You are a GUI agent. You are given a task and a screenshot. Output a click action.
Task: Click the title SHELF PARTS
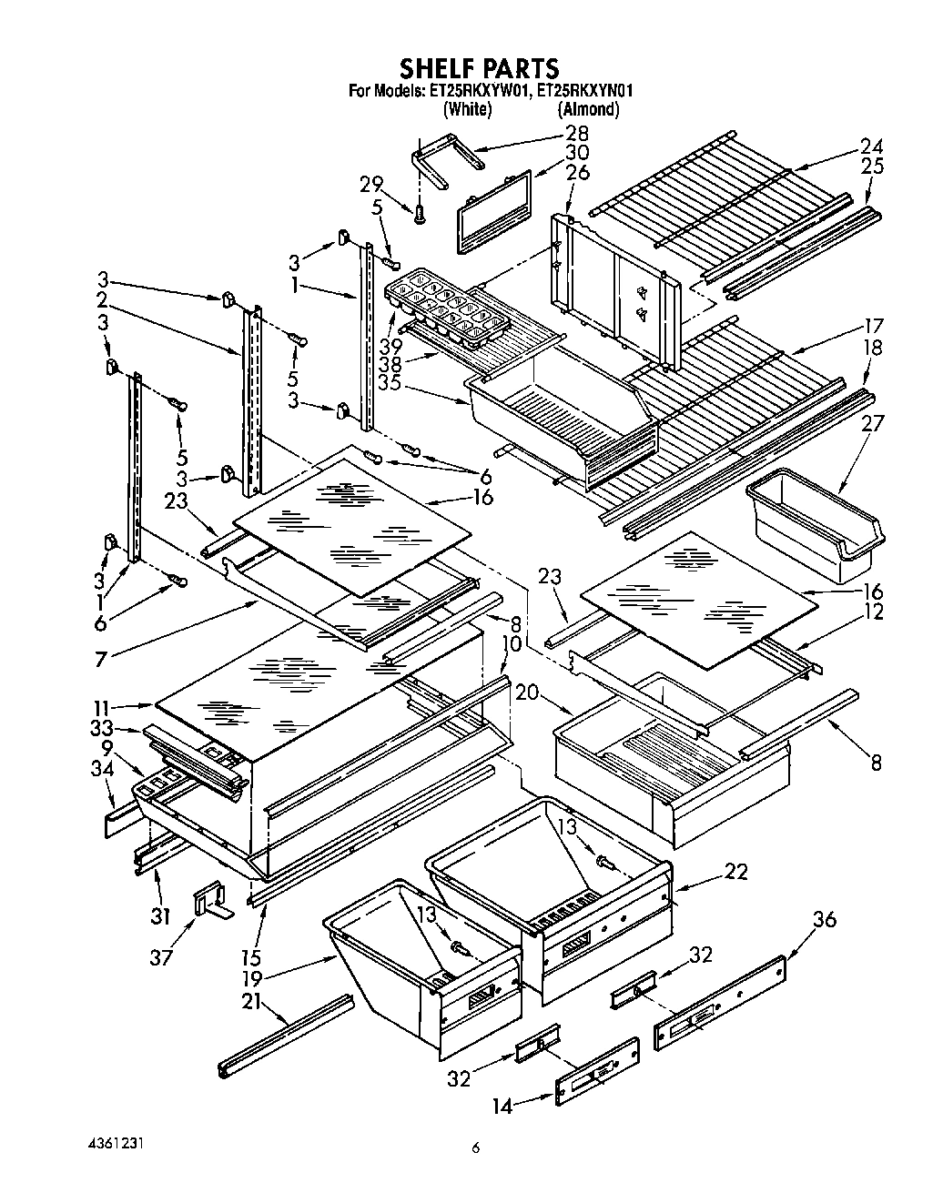point(480,68)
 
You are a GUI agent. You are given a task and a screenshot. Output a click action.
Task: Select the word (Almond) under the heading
point(588,109)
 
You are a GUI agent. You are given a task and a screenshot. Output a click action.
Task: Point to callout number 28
point(577,134)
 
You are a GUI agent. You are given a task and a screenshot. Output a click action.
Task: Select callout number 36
point(824,920)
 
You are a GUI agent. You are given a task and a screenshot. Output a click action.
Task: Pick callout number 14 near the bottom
point(502,1107)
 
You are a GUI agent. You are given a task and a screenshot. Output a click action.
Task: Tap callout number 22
point(735,871)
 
